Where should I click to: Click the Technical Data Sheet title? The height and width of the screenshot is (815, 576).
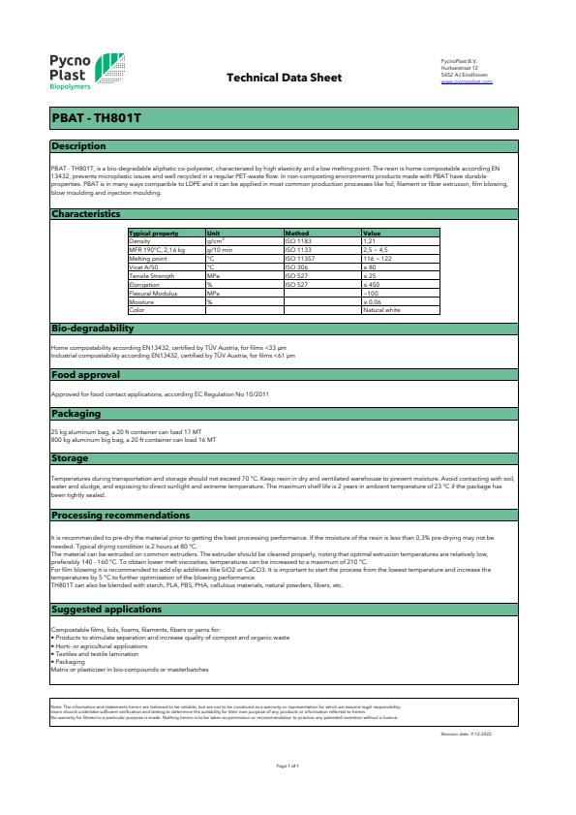(283, 77)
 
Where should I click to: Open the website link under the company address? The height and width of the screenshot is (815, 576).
(467, 82)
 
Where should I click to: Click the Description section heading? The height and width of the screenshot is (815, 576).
(78, 146)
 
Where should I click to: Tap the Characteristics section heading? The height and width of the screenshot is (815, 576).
(85, 213)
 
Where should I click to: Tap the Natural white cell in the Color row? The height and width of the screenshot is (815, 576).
(381, 309)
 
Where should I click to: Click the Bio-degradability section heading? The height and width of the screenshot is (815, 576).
(91, 329)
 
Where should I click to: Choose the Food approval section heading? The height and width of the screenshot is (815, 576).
(85, 374)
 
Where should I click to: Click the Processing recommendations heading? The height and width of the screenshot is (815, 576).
(120, 515)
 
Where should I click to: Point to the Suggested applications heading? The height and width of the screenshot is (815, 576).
(106, 610)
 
